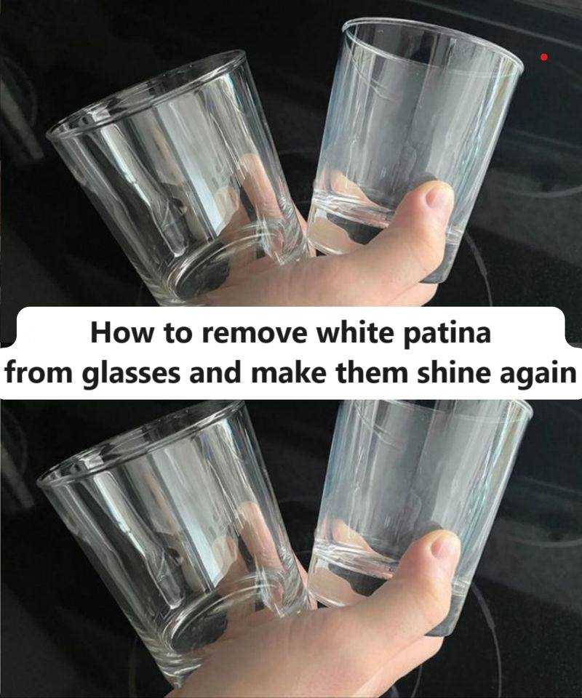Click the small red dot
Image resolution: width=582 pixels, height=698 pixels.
(x=543, y=57)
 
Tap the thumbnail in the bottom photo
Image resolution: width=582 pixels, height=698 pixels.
(x=445, y=545)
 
